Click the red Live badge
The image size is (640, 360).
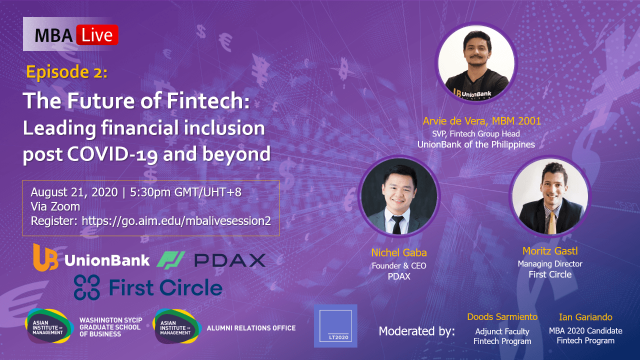pyautogui.click(x=97, y=35)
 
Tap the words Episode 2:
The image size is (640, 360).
pyautogui.click(x=67, y=71)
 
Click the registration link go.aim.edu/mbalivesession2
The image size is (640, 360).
pyautogui.click(x=176, y=221)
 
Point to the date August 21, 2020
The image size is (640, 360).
pyautogui.click(x=74, y=192)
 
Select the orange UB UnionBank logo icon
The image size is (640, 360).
pyautogui.click(x=45, y=257)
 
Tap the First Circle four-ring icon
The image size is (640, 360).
pyautogui.click(x=87, y=287)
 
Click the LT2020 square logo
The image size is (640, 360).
pyautogui.click(x=335, y=325)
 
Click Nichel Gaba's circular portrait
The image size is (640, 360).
pyautogui.click(x=399, y=196)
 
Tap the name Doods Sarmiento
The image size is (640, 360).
pyautogui.click(x=502, y=317)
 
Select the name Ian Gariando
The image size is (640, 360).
pyautogui.click(x=585, y=317)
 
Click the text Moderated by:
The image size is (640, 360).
pyautogui.click(x=416, y=331)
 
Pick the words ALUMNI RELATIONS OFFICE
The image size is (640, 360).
pyautogui.click(x=251, y=328)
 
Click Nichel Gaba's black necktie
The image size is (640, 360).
pyautogui.click(x=397, y=224)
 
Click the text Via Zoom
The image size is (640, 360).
pyautogui.click(x=55, y=206)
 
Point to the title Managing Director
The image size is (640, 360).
pyautogui.click(x=550, y=263)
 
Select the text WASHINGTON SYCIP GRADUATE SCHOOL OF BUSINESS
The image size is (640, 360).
pyautogui.click(x=111, y=327)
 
